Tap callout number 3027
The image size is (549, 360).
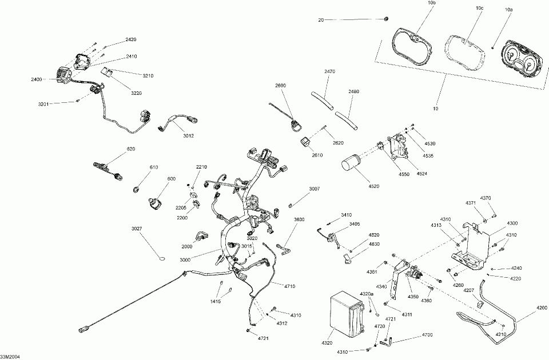coord(137,229)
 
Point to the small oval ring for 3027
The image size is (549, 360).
coord(162,259)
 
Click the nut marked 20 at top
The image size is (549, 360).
coord(386,19)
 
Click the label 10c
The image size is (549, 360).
coord(479,8)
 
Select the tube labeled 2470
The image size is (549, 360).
coord(323,100)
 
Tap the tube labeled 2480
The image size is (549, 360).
coord(347,120)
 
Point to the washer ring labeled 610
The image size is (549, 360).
coord(136,190)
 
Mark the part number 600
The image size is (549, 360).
coord(171,179)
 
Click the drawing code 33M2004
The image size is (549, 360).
coord(10,357)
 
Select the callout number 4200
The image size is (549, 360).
coord(542,308)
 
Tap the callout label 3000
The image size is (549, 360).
coord(185,260)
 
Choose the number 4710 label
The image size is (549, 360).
coord(289,286)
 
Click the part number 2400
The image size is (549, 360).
coord(36,79)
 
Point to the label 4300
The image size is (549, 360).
coord(512,223)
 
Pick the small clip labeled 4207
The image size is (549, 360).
coord(480,303)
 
